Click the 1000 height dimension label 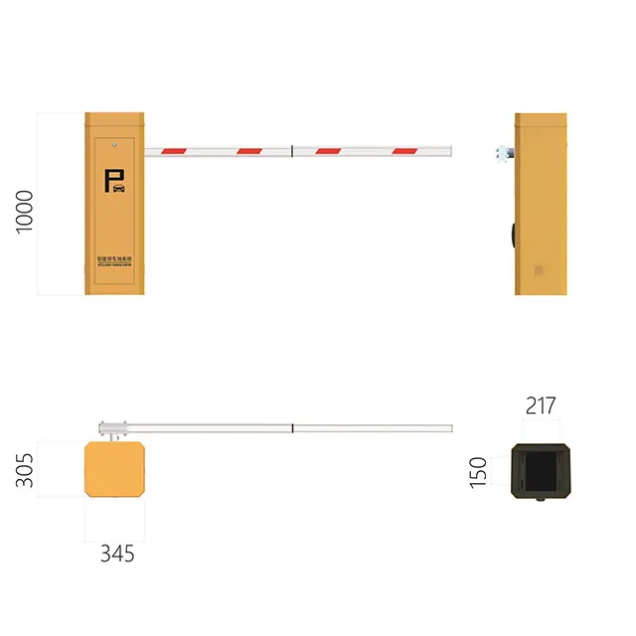(25, 212)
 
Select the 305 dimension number (25, 470)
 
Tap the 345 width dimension (116, 554)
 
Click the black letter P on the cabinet (108, 181)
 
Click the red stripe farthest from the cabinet (405, 152)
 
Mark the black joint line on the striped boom (291, 152)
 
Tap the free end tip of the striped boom (450, 152)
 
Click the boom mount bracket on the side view (505, 152)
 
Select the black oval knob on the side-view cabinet (513, 236)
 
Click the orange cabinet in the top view (115, 470)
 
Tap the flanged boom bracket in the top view (112, 428)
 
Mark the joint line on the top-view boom (292, 428)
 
